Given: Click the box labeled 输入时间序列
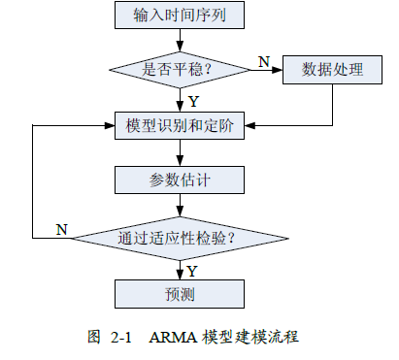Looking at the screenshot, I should (180, 15).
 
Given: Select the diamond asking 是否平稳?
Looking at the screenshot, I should (180, 70).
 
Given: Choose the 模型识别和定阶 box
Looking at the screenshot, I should (180, 125).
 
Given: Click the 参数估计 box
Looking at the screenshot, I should (180, 180).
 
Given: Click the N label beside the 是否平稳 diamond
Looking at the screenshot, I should (263, 61).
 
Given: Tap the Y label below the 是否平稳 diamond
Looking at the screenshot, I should (193, 100).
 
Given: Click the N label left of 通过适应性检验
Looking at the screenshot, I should (61, 229).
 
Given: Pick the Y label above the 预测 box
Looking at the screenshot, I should (192, 270).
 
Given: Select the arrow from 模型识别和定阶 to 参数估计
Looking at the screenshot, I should (180, 152).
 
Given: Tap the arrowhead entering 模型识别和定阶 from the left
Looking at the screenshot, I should (109, 125).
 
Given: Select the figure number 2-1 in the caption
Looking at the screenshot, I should (120, 338).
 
